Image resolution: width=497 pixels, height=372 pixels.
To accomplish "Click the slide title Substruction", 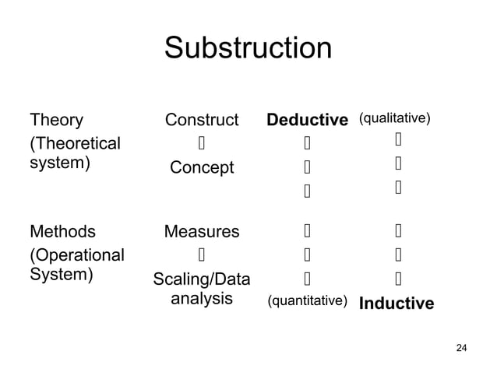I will (248, 48).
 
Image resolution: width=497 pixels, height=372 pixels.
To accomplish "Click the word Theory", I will (56, 121).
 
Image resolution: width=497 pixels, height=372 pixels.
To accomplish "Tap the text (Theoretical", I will (75, 144).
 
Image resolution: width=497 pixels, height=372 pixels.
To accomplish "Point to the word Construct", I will (202, 121).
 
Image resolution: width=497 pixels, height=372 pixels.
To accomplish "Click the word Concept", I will (202, 168).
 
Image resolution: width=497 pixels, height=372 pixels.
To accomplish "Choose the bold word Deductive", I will (307, 121).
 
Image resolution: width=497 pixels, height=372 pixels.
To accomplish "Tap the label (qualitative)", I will (394, 118).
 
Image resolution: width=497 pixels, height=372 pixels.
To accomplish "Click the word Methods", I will (62, 231).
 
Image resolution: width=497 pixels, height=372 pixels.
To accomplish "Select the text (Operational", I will (76, 255).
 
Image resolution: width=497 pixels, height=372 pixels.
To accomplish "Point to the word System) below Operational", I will (61, 275).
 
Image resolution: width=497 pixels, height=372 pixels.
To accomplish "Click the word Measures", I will (202, 231).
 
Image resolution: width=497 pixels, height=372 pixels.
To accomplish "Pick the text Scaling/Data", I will (202, 279).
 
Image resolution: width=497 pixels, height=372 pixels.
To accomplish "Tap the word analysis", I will (202, 299).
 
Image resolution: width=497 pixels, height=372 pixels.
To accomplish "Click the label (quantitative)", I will (307, 300).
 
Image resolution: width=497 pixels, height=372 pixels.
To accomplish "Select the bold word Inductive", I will (396, 304).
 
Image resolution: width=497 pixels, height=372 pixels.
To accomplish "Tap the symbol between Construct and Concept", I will (201, 144).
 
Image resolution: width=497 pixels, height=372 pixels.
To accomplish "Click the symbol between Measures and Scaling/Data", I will (201, 254).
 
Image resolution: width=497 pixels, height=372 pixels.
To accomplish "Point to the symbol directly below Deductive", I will (307, 144).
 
